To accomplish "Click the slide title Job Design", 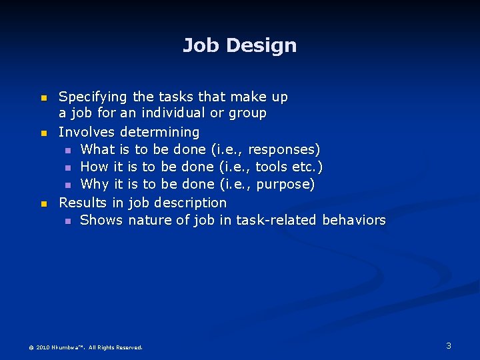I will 239,45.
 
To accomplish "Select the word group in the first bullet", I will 248,114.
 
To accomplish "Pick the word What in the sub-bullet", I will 97,149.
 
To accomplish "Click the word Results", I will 84,202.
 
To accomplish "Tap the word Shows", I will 101,220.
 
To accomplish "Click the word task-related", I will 276,220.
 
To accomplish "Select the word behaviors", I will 353,220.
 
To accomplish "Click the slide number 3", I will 449,345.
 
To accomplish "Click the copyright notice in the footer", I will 85,347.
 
